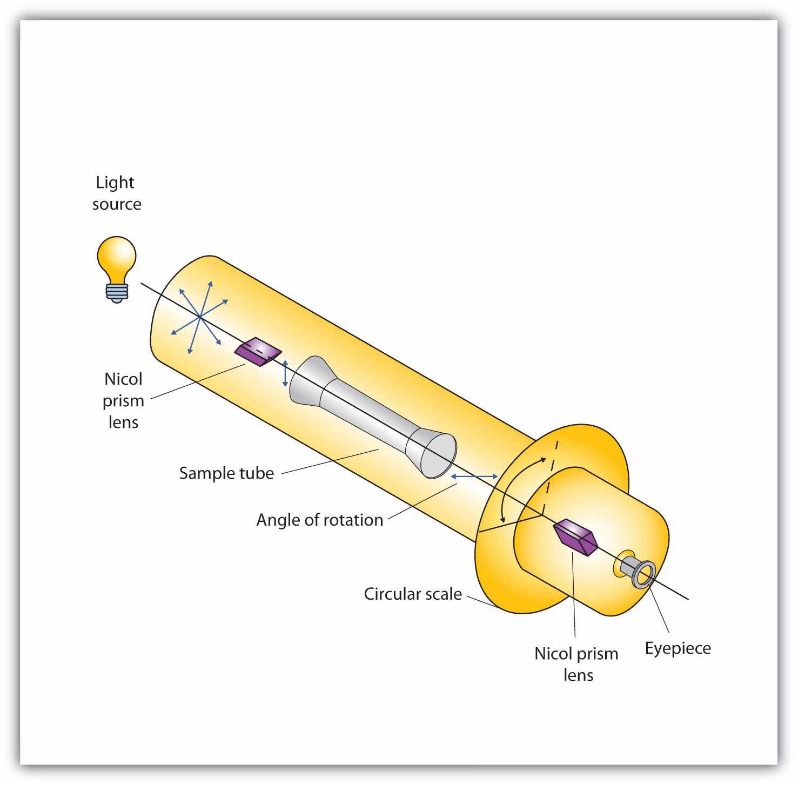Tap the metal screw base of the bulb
click(117, 292)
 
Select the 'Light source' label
click(116, 193)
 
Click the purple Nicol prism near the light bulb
click(258, 352)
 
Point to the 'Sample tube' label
click(226, 473)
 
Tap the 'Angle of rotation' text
click(319, 520)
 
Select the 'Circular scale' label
click(413, 594)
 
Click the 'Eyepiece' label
click(678, 648)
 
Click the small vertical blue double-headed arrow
click(286, 373)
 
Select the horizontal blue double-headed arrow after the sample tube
click(474, 476)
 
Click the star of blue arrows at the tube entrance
click(199, 317)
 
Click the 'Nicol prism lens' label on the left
click(124, 400)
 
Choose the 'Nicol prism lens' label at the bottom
click(576, 664)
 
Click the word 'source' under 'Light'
click(117, 204)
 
